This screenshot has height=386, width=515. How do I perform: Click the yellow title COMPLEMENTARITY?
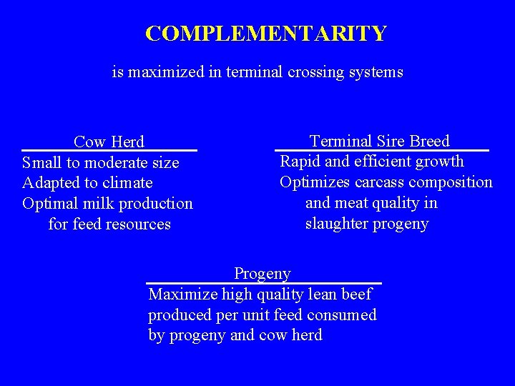pos(265,34)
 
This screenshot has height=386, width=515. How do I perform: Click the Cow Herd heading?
pos(109,142)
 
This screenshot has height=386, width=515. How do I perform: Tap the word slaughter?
pos(335,224)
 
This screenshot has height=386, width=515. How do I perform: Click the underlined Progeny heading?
pos(263,274)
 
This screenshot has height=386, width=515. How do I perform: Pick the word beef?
pos(357,294)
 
